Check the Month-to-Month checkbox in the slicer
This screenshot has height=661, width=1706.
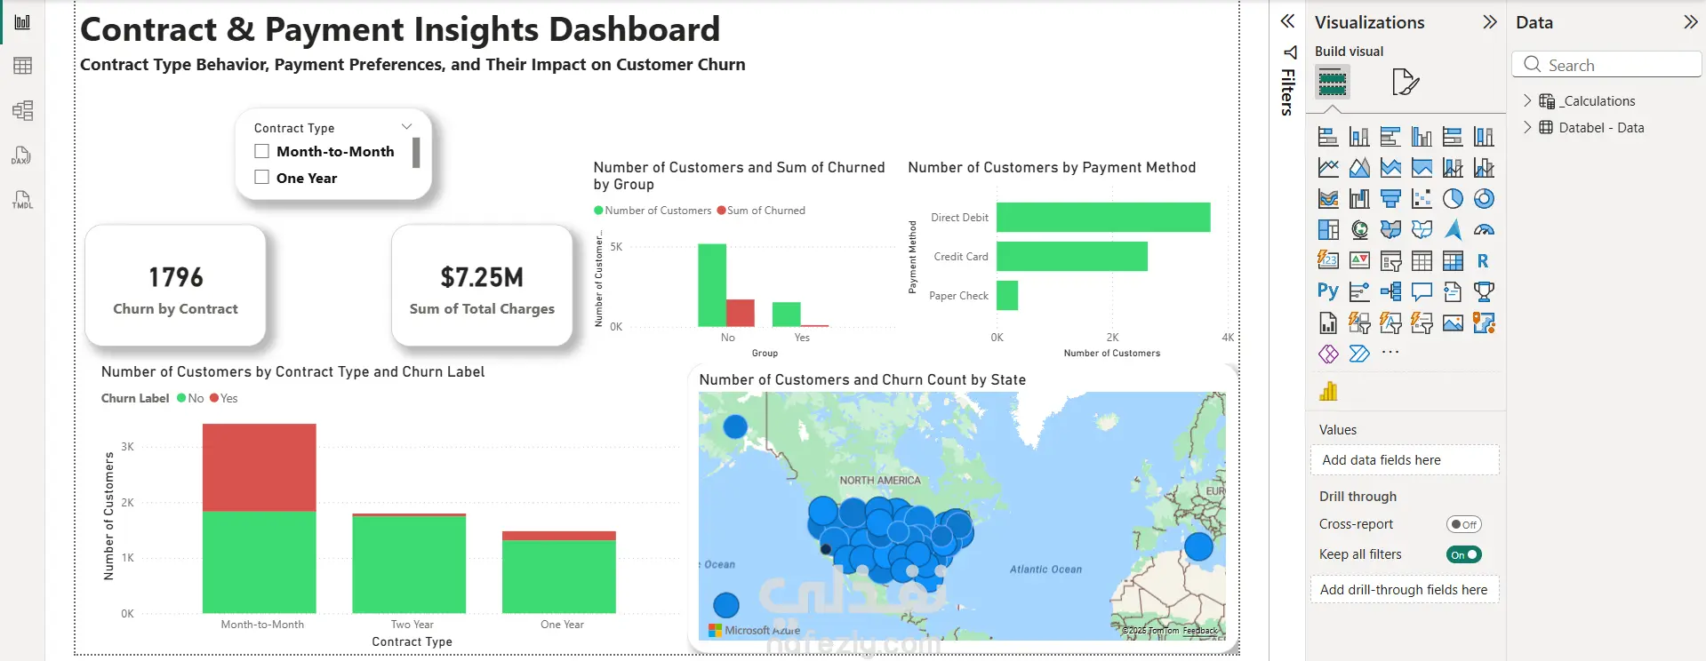262,152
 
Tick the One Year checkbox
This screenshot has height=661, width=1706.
262,178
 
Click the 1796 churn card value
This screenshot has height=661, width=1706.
176,277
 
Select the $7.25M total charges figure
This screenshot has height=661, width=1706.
482,277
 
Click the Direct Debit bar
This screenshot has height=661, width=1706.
1102,218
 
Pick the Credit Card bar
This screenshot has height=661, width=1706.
1071,257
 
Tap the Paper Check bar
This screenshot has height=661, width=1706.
1007,296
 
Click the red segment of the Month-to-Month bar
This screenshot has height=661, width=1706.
259,467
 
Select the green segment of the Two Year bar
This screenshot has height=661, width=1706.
409,564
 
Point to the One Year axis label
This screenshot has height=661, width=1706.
562,625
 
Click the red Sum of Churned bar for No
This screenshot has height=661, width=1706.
740,313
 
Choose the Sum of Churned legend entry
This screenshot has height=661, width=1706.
761,211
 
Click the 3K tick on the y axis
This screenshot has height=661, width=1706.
128,447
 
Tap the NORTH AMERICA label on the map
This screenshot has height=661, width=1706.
880,481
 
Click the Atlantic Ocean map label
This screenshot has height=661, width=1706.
1045,569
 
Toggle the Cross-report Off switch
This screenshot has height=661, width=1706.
1463,524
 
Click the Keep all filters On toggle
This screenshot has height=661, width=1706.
1463,554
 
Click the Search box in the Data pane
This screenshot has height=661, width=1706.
1606,65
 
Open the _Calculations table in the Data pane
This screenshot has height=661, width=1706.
1598,101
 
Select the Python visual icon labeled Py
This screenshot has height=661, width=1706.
1327,291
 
